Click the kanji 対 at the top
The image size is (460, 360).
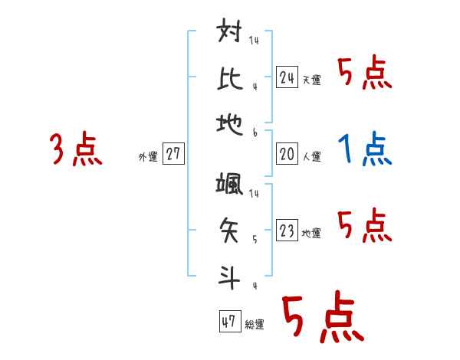pyautogui.click(x=230, y=35)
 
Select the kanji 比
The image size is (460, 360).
pyautogui.click(x=230, y=79)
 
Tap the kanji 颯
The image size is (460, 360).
pyautogui.click(x=230, y=186)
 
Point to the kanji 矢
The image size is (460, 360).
pyautogui.click(x=230, y=229)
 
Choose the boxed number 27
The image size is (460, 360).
pyautogui.click(x=173, y=154)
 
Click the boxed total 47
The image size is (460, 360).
pyautogui.click(x=229, y=322)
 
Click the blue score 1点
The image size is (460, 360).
pyautogui.click(x=365, y=150)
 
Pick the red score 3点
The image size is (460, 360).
pyautogui.click(x=76, y=149)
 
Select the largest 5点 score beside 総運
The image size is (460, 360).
pyautogui.click(x=323, y=317)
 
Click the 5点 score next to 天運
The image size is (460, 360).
pyautogui.click(x=365, y=74)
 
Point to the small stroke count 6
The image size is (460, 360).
pyautogui.click(x=255, y=133)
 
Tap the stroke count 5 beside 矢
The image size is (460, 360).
pyautogui.click(x=255, y=239)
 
